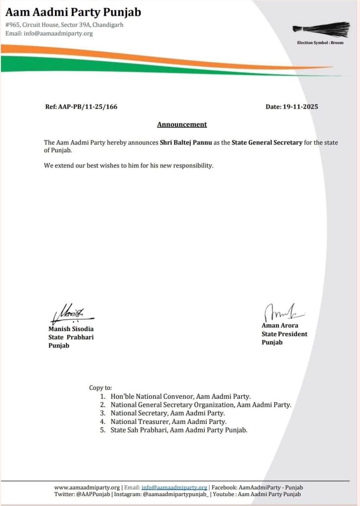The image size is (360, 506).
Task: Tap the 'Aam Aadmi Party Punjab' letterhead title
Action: (73, 11)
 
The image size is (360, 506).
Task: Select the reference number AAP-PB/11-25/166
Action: (81, 107)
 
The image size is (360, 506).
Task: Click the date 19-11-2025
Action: (292, 107)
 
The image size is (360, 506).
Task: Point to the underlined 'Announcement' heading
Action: (182, 125)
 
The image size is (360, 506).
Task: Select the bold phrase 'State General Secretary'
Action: (267, 142)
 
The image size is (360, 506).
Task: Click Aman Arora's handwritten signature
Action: (282, 312)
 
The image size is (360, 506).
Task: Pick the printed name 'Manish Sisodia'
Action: (71, 329)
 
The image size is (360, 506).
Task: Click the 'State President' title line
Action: (284, 334)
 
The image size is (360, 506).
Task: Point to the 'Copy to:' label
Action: (100, 388)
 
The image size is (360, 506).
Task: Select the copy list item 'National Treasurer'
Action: (169, 422)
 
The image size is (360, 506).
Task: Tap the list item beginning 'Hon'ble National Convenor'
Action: (180, 396)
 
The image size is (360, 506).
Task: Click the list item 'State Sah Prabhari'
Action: (179, 430)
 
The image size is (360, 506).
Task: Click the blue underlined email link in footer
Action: (174, 487)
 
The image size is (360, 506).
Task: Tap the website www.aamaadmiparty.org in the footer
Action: (87, 487)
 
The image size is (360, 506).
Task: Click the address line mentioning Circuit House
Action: (64, 25)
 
